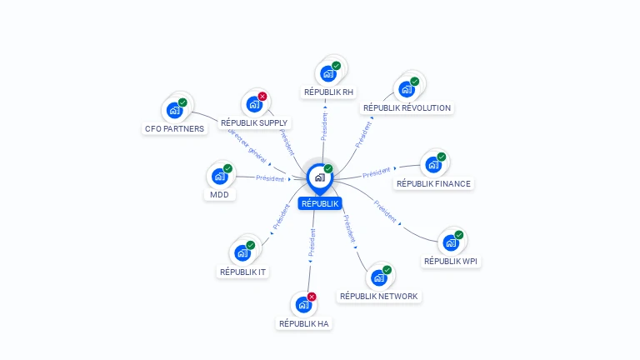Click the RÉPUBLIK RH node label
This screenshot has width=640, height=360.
pos(328,92)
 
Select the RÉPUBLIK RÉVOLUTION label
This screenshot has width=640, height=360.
pos(407,108)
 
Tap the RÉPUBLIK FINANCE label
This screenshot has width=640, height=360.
pos(433,184)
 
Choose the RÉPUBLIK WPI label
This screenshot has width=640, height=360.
pos(451,261)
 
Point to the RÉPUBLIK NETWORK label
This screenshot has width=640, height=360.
pos(379,297)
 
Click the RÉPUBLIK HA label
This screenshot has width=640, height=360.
pos(303,323)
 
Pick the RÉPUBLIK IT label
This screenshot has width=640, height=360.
pos(242,272)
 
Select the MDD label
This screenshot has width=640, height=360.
pos(220,195)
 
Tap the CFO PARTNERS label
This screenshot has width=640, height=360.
pos(175,129)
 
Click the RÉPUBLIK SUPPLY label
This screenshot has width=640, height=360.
pos(254,122)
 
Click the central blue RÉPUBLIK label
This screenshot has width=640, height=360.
pos(320,203)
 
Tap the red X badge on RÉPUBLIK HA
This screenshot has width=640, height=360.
pos(312,297)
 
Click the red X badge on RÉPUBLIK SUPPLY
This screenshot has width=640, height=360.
pos(262,97)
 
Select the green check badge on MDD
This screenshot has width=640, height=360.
pos(227,168)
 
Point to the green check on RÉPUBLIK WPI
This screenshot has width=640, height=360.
pos(459,235)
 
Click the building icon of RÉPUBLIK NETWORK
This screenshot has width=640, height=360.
pos(379,278)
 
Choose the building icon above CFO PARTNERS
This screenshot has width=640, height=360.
pos(175,111)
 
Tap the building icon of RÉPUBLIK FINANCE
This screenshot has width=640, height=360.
pos(433,165)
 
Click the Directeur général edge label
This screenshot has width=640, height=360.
pos(247,146)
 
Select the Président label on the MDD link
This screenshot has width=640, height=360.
pos(270,178)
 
